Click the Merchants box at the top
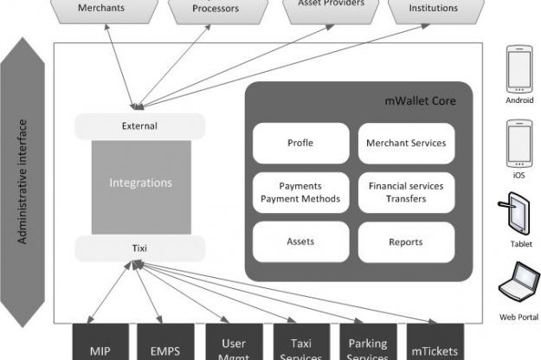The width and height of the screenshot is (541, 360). pos(100,10)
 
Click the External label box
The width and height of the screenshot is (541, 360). pos(139,126)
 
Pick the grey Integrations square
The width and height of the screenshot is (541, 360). pos(140,183)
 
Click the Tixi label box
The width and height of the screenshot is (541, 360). pos(139,249)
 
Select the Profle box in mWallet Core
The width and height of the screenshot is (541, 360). pos(299,144)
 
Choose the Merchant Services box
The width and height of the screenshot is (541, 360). pos(406,144)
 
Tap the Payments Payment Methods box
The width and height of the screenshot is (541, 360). pos(299,193)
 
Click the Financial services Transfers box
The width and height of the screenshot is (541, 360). pos(406,193)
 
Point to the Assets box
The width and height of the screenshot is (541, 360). pos(299,242)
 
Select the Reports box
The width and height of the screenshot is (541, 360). pos(406,242)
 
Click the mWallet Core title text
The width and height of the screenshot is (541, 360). pos(420,102)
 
